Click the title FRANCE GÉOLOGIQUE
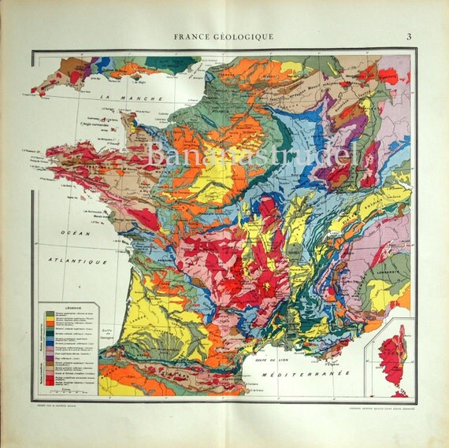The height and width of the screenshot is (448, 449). [224, 36]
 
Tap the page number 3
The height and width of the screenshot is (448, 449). [409, 36]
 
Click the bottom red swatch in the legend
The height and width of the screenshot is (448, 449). [50, 383]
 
